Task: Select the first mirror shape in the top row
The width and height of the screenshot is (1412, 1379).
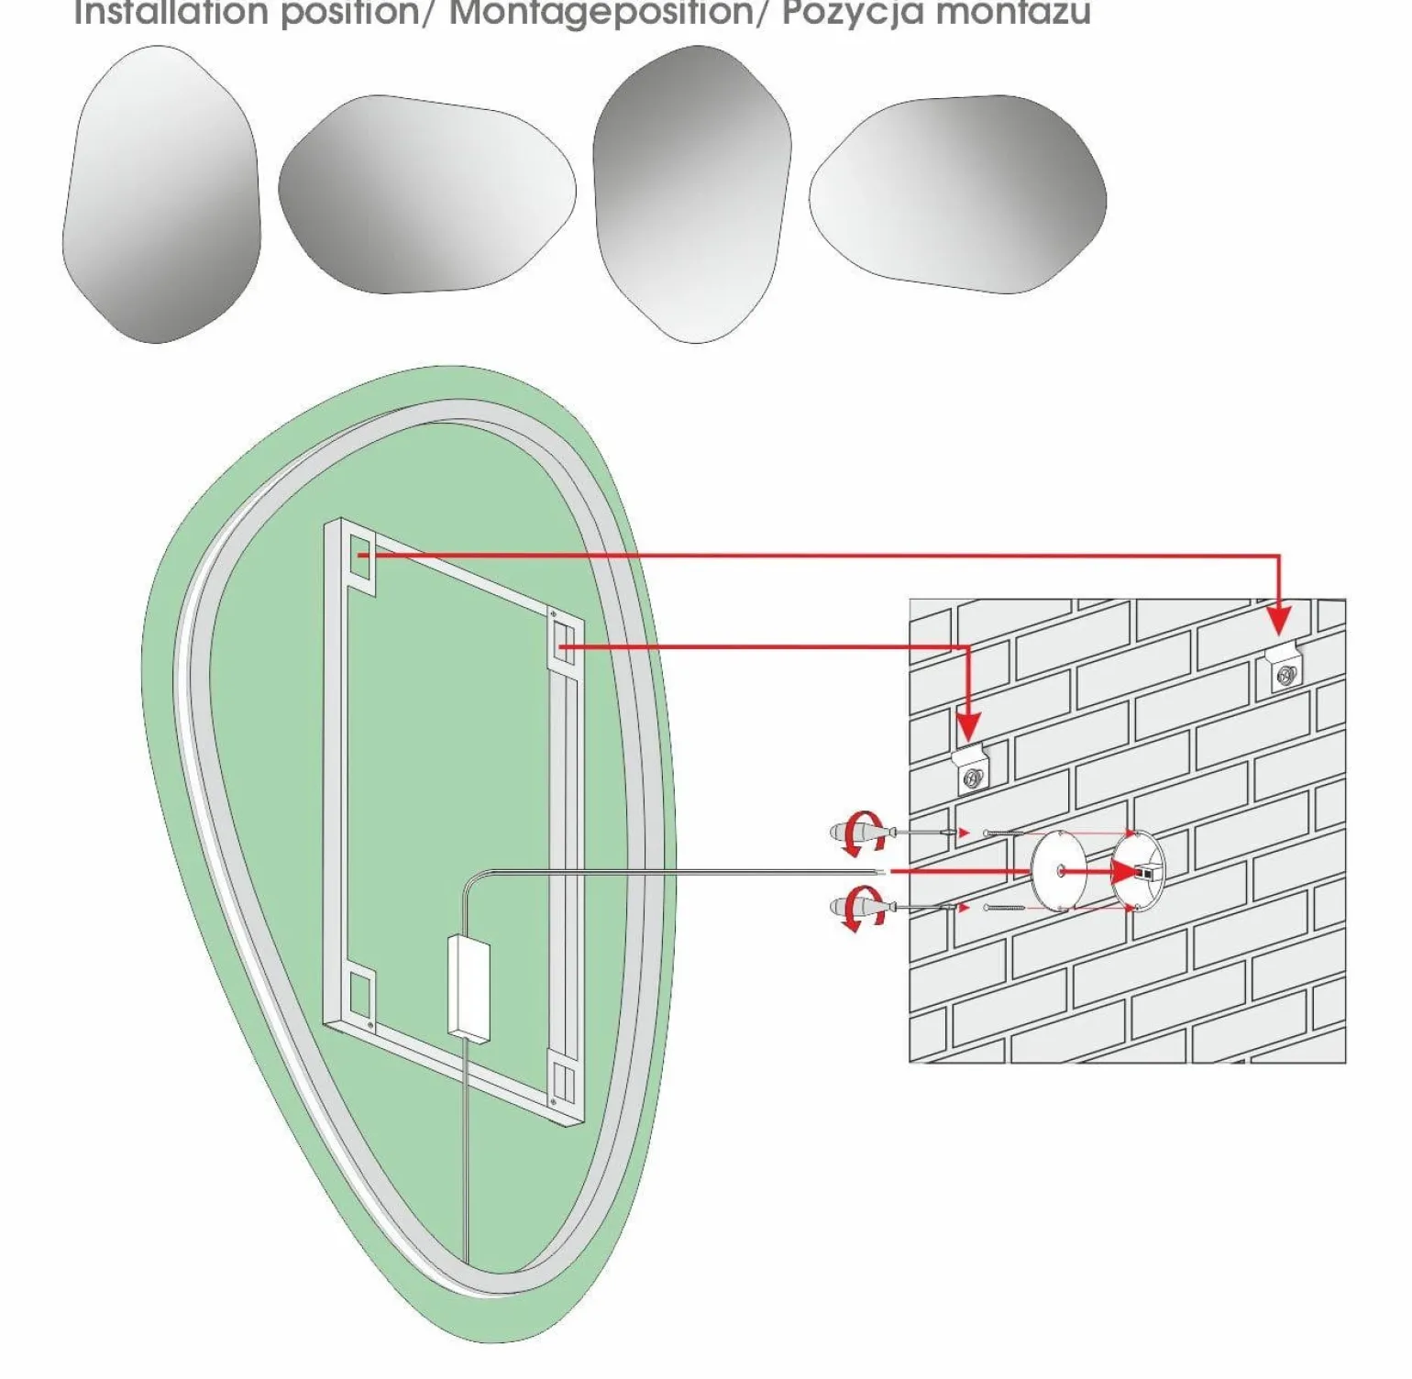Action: (x=161, y=194)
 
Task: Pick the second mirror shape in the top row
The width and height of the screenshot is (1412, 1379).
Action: (x=426, y=194)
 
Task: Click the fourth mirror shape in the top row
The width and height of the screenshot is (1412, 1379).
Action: (x=957, y=194)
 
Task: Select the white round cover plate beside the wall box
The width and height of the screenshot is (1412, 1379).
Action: (x=1058, y=870)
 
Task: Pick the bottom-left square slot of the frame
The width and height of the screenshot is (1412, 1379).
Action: (x=362, y=994)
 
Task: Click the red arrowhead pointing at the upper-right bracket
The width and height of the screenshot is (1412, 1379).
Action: (x=1280, y=618)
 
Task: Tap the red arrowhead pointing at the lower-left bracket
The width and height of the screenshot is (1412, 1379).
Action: (x=969, y=724)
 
